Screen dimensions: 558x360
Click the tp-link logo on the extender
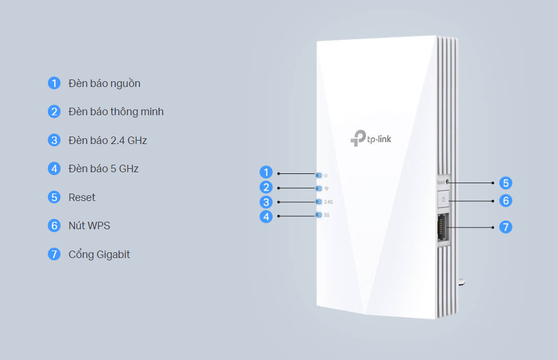[x=371, y=138]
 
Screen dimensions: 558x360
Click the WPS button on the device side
[x=443, y=199]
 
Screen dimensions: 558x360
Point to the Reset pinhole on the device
[x=447, y=182]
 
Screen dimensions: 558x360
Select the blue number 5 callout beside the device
[x=505, y=183]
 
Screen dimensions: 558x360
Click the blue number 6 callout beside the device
[x=505, y=200]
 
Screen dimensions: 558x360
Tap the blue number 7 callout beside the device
[x=505, y=227]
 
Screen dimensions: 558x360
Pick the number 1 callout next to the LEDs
[x=266, y=172]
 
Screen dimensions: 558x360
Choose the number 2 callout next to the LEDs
[x=266, y=187]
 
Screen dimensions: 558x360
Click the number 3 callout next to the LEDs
[x=266, y=202]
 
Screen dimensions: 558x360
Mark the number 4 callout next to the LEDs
[x=266, y=217]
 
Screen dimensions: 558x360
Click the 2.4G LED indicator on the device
[x=319, y=202]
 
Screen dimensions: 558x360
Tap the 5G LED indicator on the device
[x=319, y=215]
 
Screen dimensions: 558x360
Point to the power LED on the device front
[x=319, y=174]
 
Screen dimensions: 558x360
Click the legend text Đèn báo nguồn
[x=104, y=84]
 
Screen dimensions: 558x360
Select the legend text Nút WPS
[x=89, y=226]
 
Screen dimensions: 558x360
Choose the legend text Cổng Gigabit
[x=99, y=254]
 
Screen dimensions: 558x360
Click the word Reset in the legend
[x=82, y=198]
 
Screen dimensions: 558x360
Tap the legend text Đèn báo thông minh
[x=116, y=112]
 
